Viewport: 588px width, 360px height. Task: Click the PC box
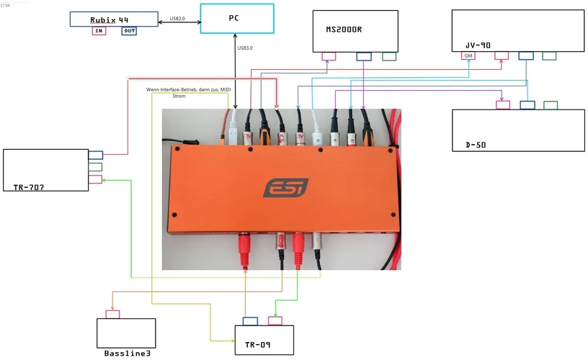[236, 19]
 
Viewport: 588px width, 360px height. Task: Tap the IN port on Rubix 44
[99, 31]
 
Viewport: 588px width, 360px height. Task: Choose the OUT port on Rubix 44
[129, 31]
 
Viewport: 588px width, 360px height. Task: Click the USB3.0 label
[246, 48]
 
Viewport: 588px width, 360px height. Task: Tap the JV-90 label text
[478, 45]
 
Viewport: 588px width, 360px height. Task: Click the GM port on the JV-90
[469, 55]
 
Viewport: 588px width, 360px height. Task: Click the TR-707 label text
[29, 187]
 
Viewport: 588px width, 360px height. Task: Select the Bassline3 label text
[127, 354]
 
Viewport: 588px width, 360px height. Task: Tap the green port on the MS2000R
[389, 56]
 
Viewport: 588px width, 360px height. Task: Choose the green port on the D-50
[551, 105]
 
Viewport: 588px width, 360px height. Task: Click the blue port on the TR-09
[251, 320]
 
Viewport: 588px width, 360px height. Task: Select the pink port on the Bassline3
[112, 314]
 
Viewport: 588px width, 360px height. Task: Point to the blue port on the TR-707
[95, 155]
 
